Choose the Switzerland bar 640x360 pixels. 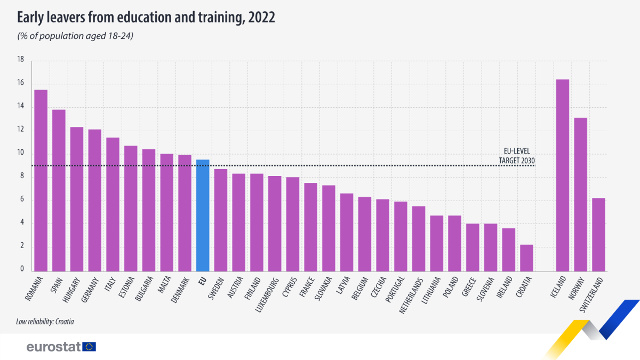click(598, 235)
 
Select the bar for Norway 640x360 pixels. click(581, 194)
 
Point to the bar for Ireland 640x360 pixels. click(509, 250)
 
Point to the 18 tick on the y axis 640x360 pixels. click(21, 60)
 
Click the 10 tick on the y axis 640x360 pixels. click(21, 153)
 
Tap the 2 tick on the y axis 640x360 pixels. click(22, 246)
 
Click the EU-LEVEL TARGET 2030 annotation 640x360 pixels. click(516, 155)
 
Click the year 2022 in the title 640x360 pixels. click(261, 18)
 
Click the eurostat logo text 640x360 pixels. click(53, 347)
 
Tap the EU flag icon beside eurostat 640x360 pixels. click(90, 347)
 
